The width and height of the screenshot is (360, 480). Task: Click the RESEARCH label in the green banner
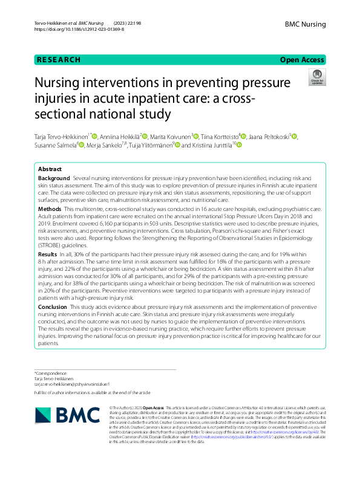coord(58,60)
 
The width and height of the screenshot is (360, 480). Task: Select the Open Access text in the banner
coord(302,60)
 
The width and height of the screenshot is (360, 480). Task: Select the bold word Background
coord(53,180)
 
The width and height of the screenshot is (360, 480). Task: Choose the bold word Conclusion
coord(53,307)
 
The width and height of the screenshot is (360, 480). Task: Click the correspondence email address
coord(76,384)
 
